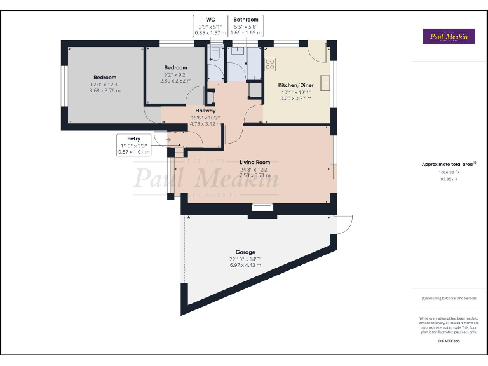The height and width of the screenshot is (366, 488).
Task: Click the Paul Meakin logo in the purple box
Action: pyautogui.click(x=449, y=37)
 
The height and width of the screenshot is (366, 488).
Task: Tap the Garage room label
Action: pyautogui.click(x=245, y=252)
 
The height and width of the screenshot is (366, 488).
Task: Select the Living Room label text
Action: pyautogui.click(x=255, y=163)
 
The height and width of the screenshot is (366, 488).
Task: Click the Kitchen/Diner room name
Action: pyautogui.click(x=295, y=85)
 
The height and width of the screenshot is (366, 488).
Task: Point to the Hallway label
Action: pyautogui.click(x=205, y=111)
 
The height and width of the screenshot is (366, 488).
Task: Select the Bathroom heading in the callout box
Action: pyautogui.click(x=245, y=20)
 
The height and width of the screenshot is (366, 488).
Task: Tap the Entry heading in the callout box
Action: pyautogui.click(x=134, y=139)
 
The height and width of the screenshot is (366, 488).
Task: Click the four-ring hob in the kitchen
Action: pyautogui.click(x=270, y=64)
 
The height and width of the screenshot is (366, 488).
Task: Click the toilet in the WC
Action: pyautogui.click(x=215, y=55)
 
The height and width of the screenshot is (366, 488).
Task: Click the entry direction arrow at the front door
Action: pyautogui.click(x=168, y=138)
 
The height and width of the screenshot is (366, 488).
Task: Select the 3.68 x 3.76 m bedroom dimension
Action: pyautogui.click(x=105, y=91)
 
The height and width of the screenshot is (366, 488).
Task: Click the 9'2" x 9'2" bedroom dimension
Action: pyautogui.click(x=175, y=74)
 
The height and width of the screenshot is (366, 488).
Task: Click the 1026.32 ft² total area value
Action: pyautogui.click(x=449, y=172)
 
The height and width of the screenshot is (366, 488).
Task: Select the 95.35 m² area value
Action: pyautogui.click(x=449, y=179)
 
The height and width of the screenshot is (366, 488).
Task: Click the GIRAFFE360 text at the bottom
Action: pyautogui.click(x=449, y=342)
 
